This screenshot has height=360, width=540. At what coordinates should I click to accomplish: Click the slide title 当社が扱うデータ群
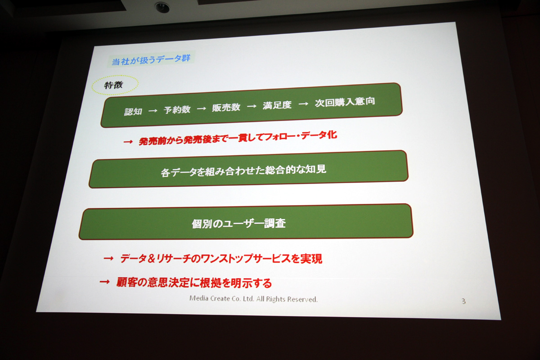[x=151, y=59]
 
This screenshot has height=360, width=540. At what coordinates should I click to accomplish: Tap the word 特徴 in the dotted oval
[x=113, y=85]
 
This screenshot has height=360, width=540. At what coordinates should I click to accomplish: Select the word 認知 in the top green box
[x=133, y=112]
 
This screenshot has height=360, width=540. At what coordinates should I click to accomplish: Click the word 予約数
[x=177, y=110]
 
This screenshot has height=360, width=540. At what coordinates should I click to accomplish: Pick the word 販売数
[x=226, y=108]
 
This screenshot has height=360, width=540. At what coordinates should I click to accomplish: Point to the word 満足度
[x=277, y=105]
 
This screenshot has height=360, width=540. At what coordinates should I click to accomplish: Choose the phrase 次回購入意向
[x=345, y=102]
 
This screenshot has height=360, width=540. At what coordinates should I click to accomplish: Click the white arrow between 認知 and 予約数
[x=153, y=111]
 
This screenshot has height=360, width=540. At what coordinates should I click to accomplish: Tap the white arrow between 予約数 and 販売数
[x=201, y=108]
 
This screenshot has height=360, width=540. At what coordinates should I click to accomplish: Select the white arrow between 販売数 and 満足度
[x=252, y=106]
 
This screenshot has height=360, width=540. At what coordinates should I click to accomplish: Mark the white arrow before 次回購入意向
[x=303, y=104]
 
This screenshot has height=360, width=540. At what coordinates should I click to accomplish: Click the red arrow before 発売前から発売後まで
[x=128, y=142]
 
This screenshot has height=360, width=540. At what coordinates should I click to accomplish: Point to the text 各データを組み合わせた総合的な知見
[x=243, y=171]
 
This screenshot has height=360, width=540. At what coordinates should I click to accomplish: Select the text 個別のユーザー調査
[x=238, y=223]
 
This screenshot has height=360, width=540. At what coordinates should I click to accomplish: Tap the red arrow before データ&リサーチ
[x=108, y=258]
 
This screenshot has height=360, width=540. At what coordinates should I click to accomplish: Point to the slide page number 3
[x=463, y=301]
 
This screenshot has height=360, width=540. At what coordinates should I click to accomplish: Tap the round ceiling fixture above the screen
[x=162, y=7]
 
